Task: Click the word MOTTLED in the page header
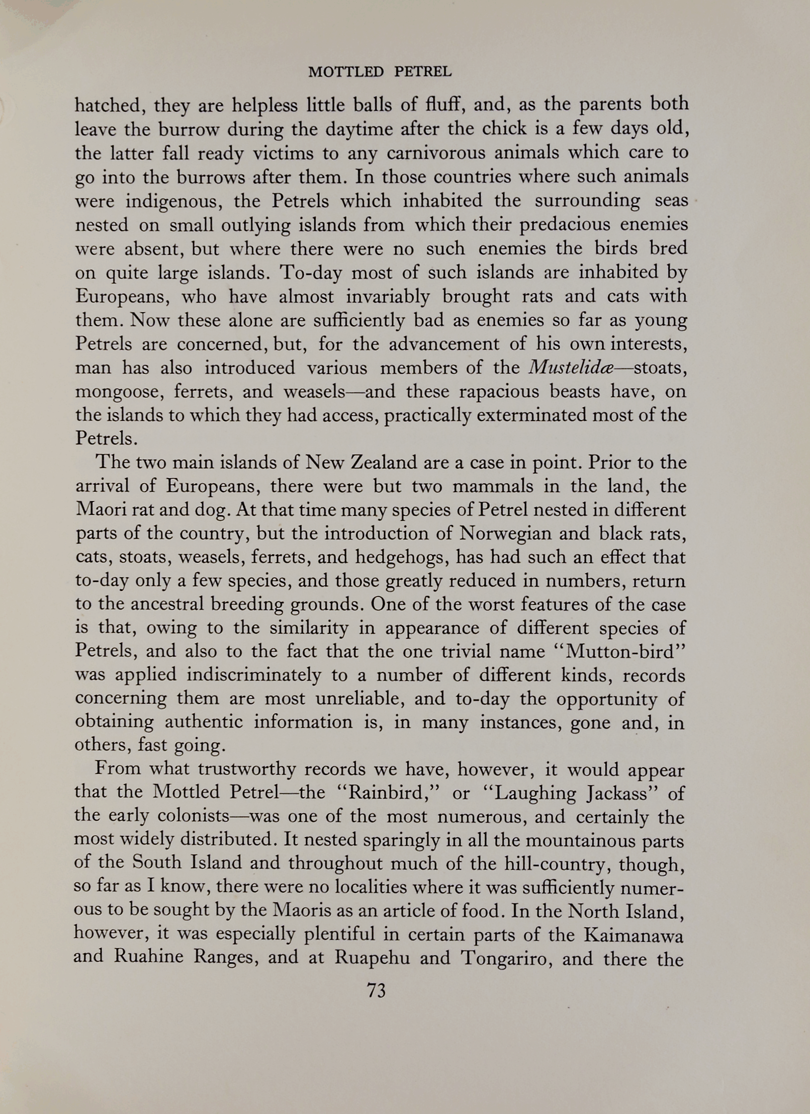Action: click(346, 72)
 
